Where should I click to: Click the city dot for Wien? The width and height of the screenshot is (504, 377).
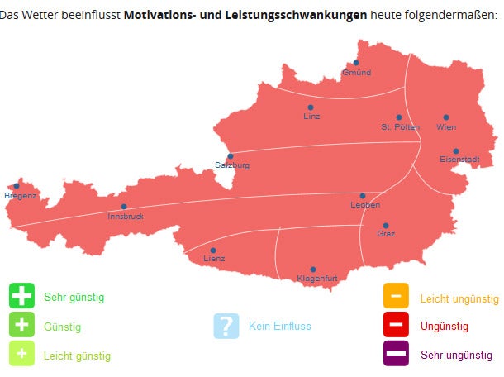[446, 117]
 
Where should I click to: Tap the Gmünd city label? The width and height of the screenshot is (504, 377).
[356, 73]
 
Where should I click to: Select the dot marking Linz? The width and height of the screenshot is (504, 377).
[311, 107]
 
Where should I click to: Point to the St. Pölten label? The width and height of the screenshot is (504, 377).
[400, 127]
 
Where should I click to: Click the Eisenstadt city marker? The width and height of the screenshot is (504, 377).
[455, 151]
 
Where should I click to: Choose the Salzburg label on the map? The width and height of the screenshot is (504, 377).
[232, 165]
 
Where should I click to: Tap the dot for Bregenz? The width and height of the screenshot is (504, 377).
[16, 186]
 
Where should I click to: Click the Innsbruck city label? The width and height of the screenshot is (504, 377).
[126, 217]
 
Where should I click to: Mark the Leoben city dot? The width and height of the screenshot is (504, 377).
[362, 196]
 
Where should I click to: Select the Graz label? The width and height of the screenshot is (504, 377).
[386, 234]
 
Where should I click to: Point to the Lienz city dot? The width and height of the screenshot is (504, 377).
[213, 250]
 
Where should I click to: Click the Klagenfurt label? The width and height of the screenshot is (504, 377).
[316, 279]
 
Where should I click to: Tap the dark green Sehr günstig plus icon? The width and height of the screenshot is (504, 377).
[21, 296]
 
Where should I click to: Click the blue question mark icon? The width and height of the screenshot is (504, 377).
[226, 326]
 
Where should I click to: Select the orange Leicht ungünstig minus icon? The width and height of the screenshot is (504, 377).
[396, 296]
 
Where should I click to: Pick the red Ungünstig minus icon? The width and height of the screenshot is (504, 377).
[396, 325]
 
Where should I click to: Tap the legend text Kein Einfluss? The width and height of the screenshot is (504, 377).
[279, 327]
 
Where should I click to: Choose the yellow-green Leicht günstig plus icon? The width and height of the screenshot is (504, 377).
[21, 354]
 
